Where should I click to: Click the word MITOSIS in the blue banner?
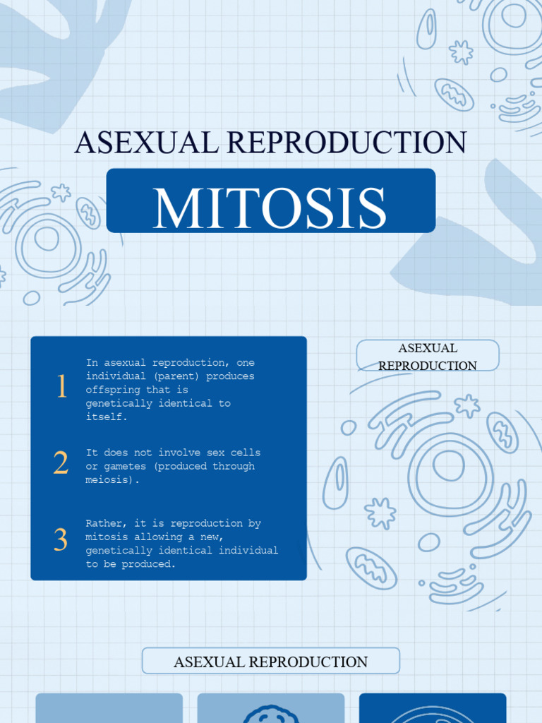coord(270,208)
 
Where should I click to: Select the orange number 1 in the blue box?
coord(61,387)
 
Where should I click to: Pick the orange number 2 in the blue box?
coord(61,463)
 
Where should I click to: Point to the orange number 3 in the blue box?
coord(61,540)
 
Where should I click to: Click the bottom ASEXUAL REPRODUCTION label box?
coord(271,662)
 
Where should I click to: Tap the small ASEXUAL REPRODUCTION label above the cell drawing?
coord(428,356)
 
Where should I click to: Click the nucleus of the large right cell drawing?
coord(448,466)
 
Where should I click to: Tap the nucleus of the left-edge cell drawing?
coord(47,238)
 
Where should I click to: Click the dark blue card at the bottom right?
coord(433,707)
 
